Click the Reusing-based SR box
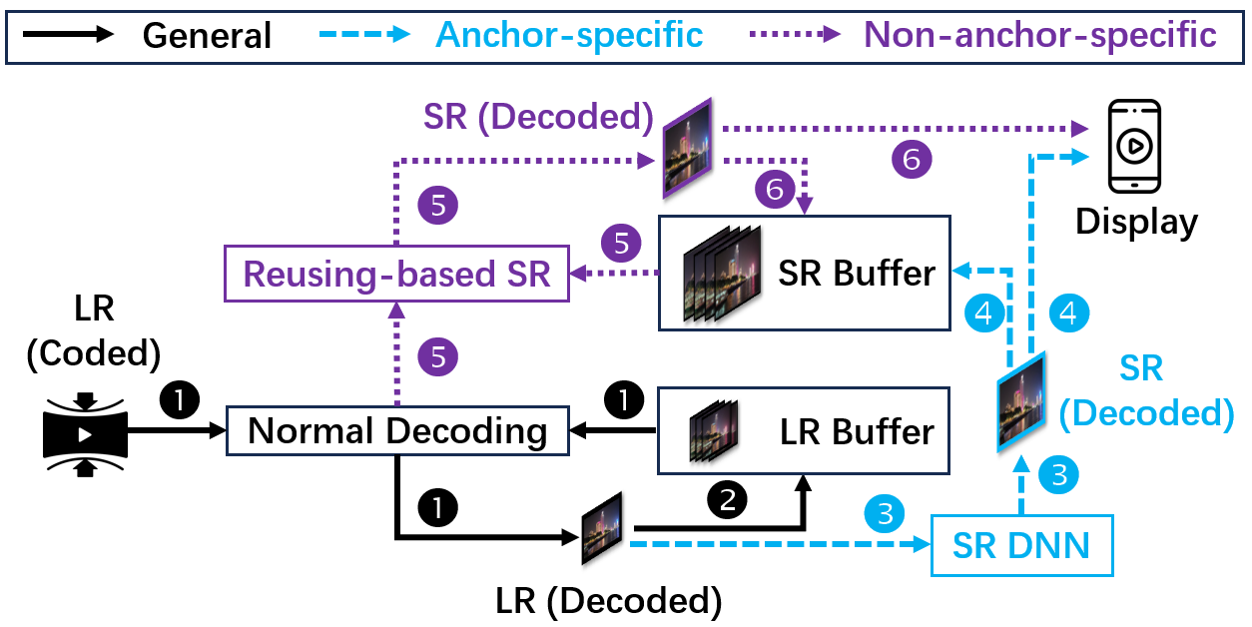click(x=396, y=274)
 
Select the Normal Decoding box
click(x=397, y=431)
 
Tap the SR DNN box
click(x=1020, y=545)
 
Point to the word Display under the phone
click(x=1136, y=221)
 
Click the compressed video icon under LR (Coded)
click(x=85, y=434)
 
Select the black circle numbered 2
click(x=727, y=498)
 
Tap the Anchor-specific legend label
click(x=569, y=35)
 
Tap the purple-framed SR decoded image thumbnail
click(x=687, y=147)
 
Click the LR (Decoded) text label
click(x=608, y=600)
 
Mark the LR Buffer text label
click(x=856, y=431)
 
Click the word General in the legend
click(x=207, y=36)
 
